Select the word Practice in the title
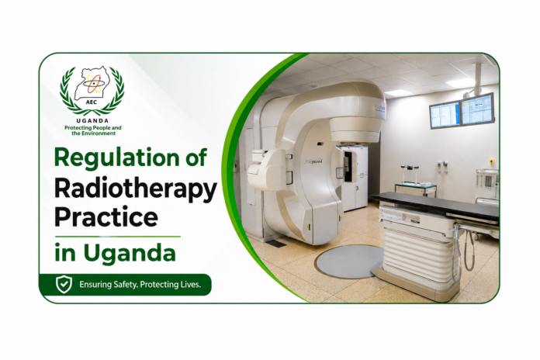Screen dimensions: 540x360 click(x=106, y=217)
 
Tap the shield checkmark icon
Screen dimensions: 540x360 click(x=64, y=285)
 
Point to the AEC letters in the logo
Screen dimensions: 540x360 click(x=92, y=102)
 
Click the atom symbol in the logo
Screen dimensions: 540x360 click(x=93, y=84)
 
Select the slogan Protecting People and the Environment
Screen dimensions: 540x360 click(x=93, y=130)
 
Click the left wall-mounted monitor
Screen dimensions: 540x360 click(x=445, y=116)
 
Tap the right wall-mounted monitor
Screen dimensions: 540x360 click(x=478, y=109)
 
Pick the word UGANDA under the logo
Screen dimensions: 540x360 click(x=92, y=120)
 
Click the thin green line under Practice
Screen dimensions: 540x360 click(x=117, y=237)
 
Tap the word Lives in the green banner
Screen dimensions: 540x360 click(x=191, y=285)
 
